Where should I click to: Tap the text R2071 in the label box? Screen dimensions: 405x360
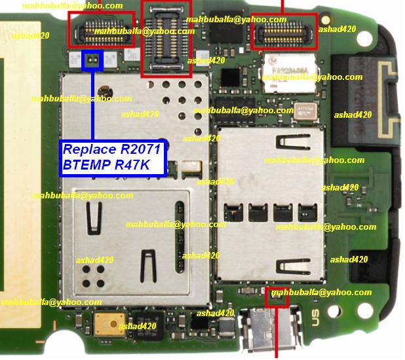tap(137, 150)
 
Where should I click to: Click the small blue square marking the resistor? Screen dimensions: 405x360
tap(92, 62)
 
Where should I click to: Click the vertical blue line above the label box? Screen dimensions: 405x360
tap(93, 105)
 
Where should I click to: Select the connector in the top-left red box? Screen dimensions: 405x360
tap(102, 29)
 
